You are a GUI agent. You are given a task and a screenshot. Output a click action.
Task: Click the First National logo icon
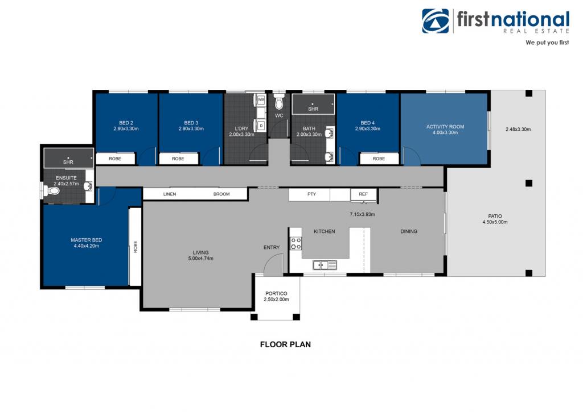[x=435, y=21]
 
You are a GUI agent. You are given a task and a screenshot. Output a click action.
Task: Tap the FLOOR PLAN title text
[x=285, y=344]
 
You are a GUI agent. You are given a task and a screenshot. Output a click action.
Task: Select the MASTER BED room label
[x=87, y=240]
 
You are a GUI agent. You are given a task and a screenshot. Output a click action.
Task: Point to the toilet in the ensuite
[x=53, y=191]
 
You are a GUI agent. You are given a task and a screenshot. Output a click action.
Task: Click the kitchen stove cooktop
[x=296, y=244]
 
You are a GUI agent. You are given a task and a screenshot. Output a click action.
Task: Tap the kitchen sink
[x=325, y=265]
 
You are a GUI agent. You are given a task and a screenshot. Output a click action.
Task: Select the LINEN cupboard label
[x=170, y=194]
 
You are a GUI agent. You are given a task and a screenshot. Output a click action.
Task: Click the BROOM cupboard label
[x=221, y=194]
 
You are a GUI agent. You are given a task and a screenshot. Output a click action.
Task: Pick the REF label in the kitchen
[x=363, y=194]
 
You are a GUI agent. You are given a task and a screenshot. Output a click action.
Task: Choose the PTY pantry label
[x=311, y=194]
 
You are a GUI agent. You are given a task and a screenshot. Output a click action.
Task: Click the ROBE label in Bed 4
[x=379, y=159]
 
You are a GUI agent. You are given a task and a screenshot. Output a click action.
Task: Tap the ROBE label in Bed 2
[x=115, y=159]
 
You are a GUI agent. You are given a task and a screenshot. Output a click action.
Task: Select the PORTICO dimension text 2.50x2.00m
[x=276, y=299]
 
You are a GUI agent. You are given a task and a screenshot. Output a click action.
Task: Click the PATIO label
[x=495, y=216]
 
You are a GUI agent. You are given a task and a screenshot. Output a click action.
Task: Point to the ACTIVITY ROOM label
[x=445, y=127]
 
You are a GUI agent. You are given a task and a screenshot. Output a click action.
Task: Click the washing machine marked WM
[x=261, y=100]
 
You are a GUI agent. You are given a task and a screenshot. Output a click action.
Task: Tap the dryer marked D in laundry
[x=261, y=126]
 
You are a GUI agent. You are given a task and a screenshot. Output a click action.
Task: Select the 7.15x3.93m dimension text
[x=362, y=215]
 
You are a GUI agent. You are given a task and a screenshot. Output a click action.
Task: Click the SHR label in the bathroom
[x=313, y=109]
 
